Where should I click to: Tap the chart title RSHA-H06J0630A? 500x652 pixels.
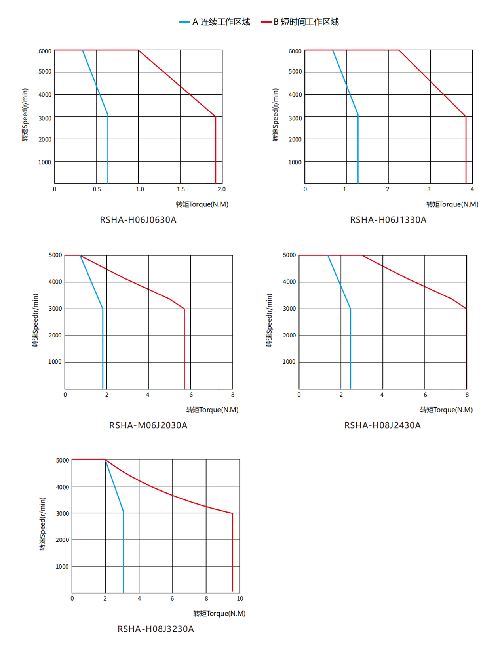point(138,220)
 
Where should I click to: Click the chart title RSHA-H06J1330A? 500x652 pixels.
point(388,220)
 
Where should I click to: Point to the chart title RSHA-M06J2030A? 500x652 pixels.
point(148,425)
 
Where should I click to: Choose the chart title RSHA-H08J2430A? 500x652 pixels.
point(382,425)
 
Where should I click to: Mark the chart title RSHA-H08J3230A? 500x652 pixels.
point(156,629)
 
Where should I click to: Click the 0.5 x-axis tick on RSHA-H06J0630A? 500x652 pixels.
point(97,189)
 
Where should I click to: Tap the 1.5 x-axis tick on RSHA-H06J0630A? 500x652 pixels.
point(181,189)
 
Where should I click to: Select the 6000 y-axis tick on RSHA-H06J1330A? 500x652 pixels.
point(295,51)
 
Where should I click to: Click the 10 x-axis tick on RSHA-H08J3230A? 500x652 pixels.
point(240,599)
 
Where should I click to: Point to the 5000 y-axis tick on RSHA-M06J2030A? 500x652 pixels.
point(55,255)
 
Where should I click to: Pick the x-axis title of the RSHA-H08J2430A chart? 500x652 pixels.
point(446,410)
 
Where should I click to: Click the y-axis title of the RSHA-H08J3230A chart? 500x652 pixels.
point(43,524)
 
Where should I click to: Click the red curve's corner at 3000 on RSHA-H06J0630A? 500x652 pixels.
point(216,117)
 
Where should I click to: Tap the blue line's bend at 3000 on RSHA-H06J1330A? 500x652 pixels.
point(358,116)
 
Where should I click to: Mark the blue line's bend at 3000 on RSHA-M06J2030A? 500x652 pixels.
point(103,309)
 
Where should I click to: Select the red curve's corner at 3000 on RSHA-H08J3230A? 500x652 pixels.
point(232,513)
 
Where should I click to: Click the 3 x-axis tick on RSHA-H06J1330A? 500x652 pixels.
point(429,189)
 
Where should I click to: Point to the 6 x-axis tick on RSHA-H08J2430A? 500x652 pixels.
point(425,395)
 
